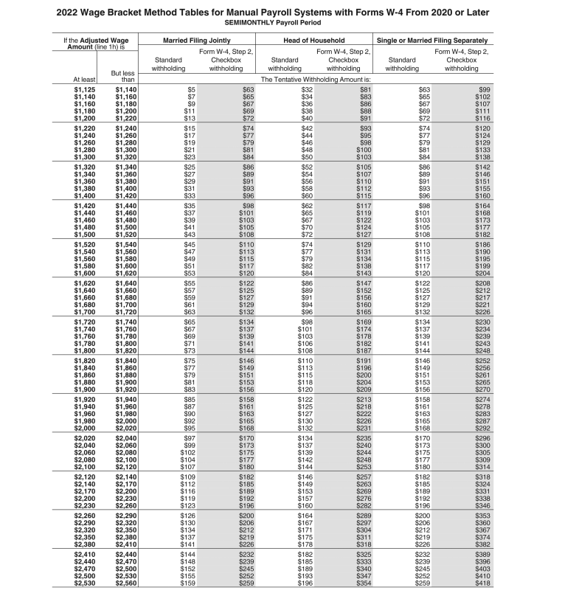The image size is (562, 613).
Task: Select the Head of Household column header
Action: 313,40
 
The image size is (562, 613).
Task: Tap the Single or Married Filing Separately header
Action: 432,40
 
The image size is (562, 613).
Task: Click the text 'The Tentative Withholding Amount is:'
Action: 314,78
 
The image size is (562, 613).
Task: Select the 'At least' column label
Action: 83,78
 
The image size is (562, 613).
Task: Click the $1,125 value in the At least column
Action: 85,89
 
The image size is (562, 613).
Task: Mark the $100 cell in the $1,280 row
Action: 361,150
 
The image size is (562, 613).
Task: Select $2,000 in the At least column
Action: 85,428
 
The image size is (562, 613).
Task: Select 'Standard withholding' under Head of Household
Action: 285,64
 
